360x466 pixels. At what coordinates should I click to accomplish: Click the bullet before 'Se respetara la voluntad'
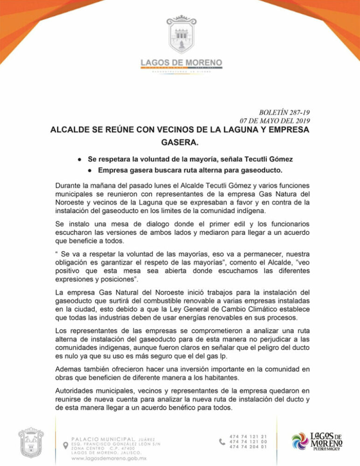click(80, 159)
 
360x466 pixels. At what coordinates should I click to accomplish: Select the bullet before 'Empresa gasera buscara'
click(90, 170)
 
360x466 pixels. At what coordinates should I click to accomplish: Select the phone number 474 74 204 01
click(248, 446)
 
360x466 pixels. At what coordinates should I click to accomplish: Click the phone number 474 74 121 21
click(248, 435)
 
